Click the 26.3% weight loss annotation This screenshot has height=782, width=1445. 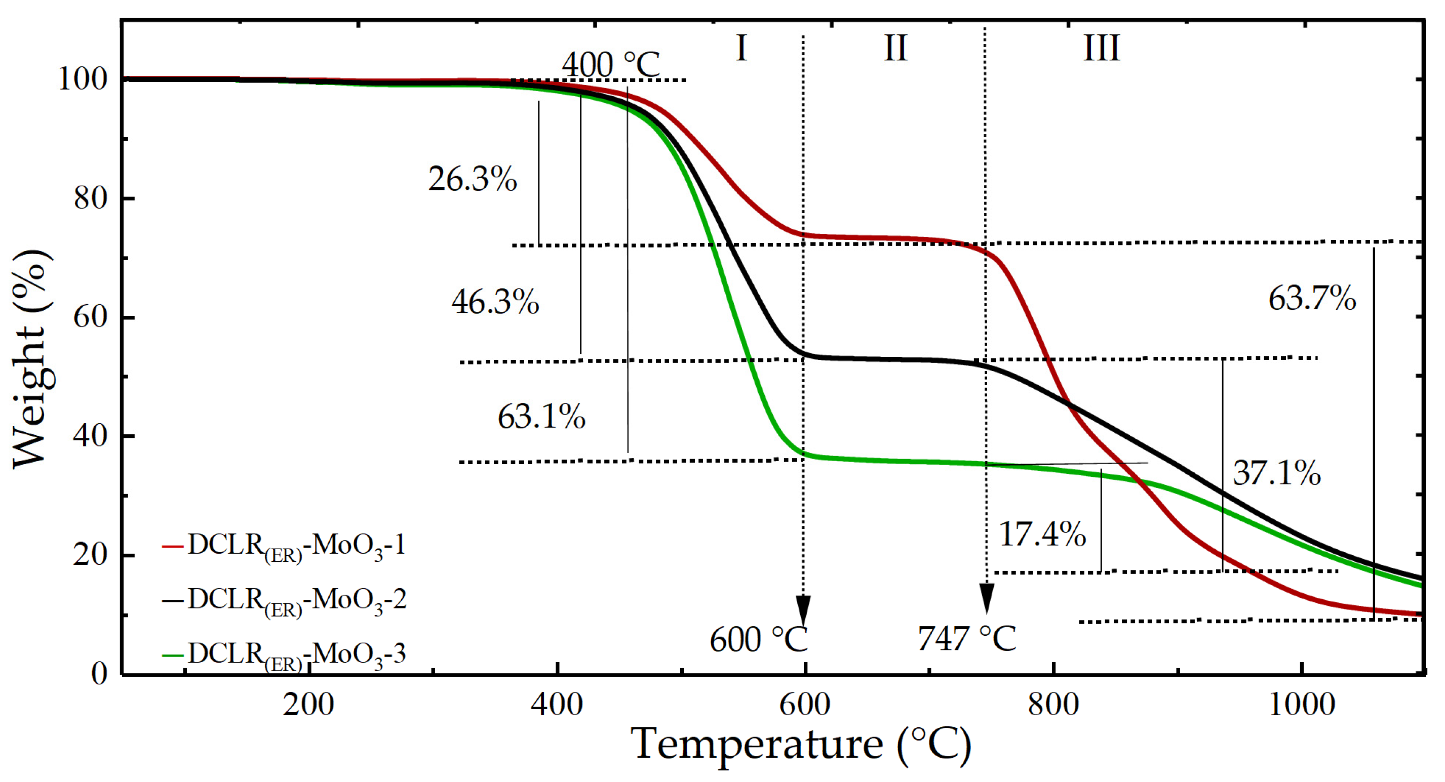473,179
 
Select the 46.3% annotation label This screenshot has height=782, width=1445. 495,302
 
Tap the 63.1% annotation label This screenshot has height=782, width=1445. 541,417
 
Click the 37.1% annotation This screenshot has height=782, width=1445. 1277,473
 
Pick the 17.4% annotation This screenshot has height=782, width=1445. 1042,533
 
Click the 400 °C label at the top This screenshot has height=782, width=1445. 611,64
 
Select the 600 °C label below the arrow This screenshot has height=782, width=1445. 758,640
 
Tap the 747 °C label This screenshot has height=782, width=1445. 966,638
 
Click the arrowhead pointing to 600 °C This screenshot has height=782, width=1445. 803,608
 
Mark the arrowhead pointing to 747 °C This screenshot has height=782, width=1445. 987,597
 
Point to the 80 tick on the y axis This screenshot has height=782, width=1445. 90,198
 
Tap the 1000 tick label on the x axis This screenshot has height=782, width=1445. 1301,704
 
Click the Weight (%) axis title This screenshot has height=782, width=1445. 31,359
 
